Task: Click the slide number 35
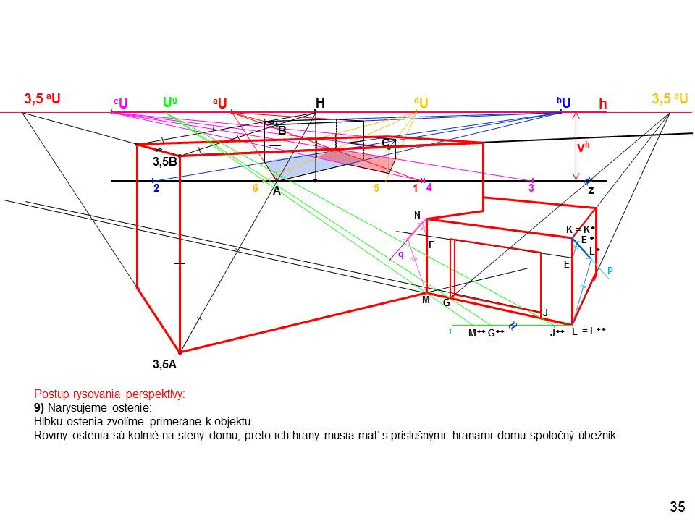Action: coord(677,507)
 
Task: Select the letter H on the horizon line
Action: coord(319,103)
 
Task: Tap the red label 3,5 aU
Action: coord(42,98)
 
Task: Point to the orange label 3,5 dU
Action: coord(670,98)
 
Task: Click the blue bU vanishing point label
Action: coord(564,103)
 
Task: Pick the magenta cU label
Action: coord(120,103)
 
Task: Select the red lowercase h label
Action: coord(602,104)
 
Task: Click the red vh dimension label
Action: coord(583,148)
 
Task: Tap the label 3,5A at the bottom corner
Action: coord(164,365)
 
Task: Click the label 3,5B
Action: coord(165,162)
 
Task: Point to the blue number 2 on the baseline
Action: coord(156,188)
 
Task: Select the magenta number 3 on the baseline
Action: coord(531,188)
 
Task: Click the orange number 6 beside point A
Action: coord(255,188)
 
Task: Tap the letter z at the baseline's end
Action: coord(591,190)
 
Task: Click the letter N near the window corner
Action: coord(417,215)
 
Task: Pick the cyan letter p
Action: coord(610,269)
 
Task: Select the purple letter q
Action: coord(401,254)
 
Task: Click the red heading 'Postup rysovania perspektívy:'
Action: coord(109,394)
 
